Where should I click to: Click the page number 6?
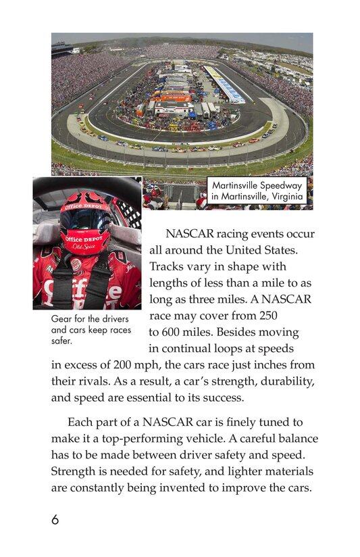(55, 520)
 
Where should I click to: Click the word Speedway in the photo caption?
(281, 185)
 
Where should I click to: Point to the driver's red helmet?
(85, 224)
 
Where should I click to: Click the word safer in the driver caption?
(62, 340)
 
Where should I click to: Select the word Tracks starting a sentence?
(168, 267)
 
